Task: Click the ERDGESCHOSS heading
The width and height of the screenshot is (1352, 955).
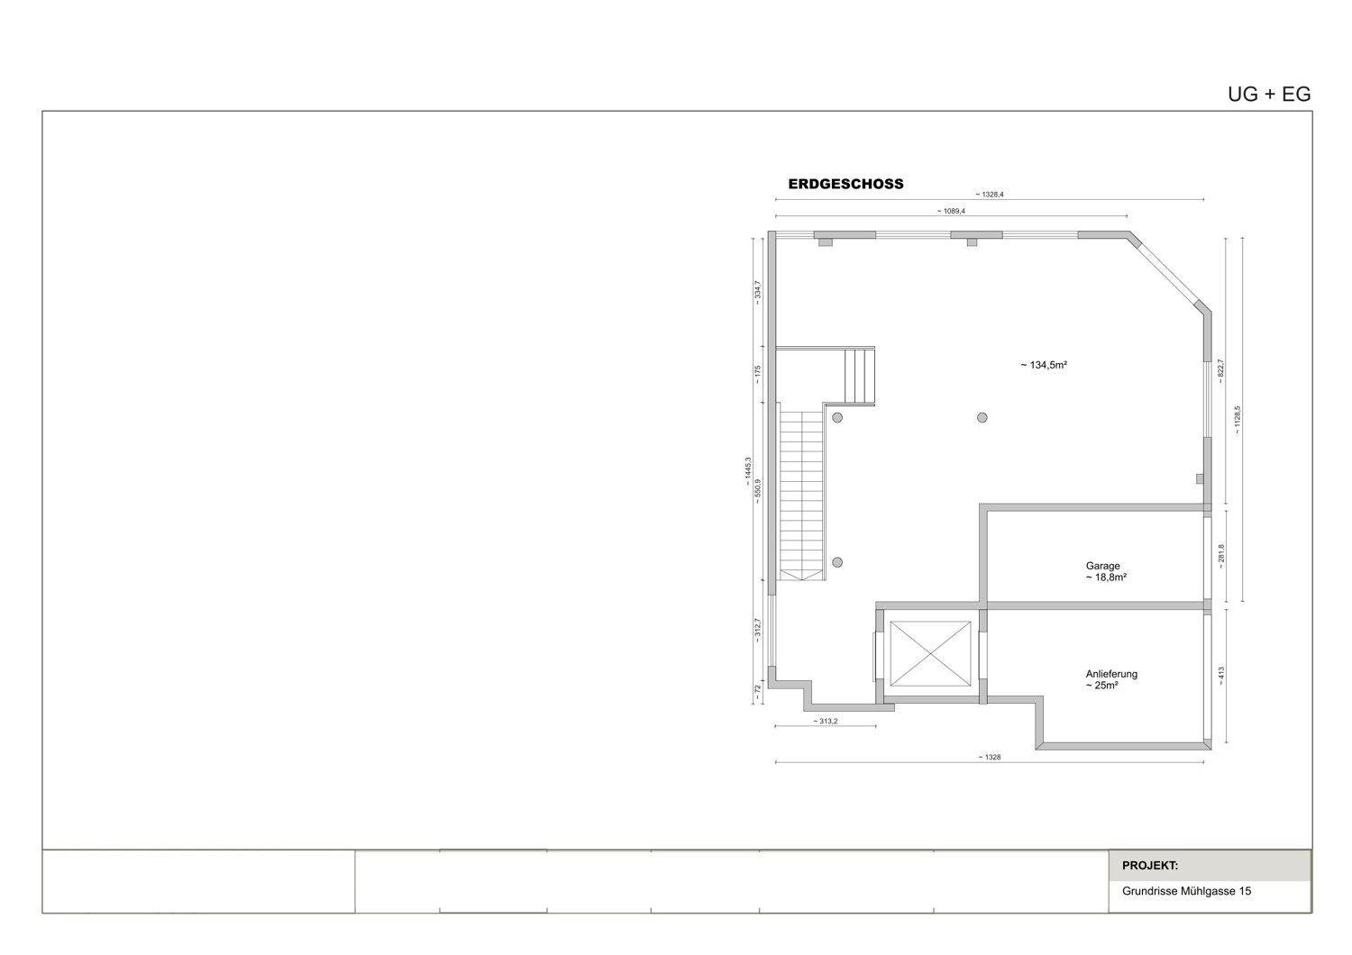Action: [845, 184]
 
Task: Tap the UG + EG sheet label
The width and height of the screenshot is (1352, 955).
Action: [1268, 95]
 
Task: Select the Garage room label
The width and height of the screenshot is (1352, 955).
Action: [1102, 567]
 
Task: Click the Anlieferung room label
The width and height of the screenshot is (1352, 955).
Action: [1111, 674]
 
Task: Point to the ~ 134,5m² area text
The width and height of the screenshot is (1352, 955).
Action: [1044, 366]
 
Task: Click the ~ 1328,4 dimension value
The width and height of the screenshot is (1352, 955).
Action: [989, 194]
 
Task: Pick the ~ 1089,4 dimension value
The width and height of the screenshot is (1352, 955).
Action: [950, 211]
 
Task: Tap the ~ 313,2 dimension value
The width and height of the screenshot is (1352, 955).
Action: [825, 721]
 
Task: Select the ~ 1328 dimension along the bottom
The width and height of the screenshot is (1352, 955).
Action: [989, 757]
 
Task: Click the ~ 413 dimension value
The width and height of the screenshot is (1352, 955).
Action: [1221, 676]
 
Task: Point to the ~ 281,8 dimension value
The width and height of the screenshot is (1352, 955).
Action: [1221, 554]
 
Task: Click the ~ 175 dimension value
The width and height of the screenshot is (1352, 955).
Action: [758, 373]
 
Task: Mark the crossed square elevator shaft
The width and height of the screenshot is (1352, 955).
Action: [930, 653]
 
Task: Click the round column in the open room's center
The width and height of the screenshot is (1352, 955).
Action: [982, 418]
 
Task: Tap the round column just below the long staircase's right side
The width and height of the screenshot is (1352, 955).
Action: [836, 562]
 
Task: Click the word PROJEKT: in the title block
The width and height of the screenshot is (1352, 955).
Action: [1149, 866]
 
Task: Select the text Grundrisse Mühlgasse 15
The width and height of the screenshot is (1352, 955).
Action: [1186, 892]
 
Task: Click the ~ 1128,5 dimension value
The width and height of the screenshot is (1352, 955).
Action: [1238, 420]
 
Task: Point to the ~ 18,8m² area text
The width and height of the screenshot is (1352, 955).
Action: [1106, 578]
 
